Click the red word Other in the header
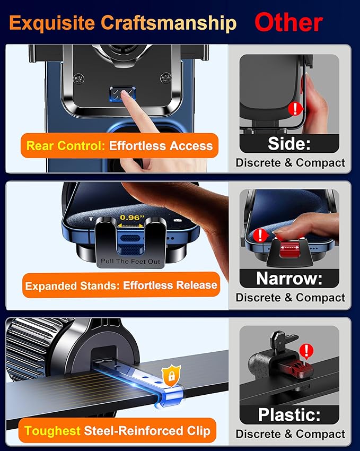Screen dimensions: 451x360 click(288, 23)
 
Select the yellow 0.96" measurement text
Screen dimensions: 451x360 click(131, 218)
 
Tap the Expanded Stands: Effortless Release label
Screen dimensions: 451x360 click(121, 285)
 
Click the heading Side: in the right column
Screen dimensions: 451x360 click(289, 144)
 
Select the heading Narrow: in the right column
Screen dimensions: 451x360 click(289, 279)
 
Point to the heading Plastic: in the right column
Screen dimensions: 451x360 click(289, 414)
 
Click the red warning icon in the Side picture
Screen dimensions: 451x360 click(295, 110)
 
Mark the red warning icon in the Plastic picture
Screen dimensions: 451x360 click(306, 351)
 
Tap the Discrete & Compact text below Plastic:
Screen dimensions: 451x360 click(289, 433)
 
